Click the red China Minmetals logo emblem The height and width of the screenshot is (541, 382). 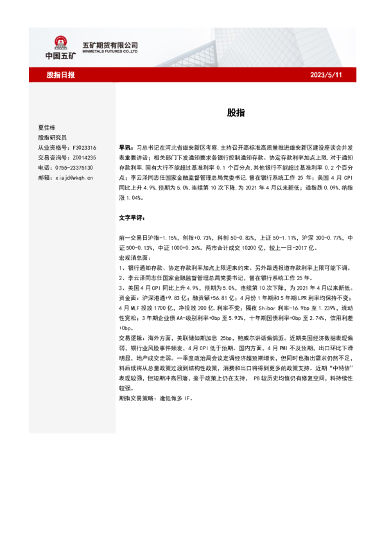click(x=62, y=42)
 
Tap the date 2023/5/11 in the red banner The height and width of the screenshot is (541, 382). click(x=326, y=75)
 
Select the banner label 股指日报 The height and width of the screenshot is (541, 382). click(x=61, y=75)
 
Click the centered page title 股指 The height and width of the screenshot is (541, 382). click(x=235, y=112)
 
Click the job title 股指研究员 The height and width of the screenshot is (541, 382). click(x=52, y=137)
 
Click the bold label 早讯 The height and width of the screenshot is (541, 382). click(x=126, y=147)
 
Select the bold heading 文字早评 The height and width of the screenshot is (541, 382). click(x=132, y=218)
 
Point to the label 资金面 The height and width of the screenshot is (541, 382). click(x=129, y=297)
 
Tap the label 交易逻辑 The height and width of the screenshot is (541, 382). click(x=132, y=337)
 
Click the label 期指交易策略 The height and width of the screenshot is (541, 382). click(x=139, y=398)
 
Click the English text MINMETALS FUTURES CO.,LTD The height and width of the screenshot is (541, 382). click(x=110, y=52)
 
